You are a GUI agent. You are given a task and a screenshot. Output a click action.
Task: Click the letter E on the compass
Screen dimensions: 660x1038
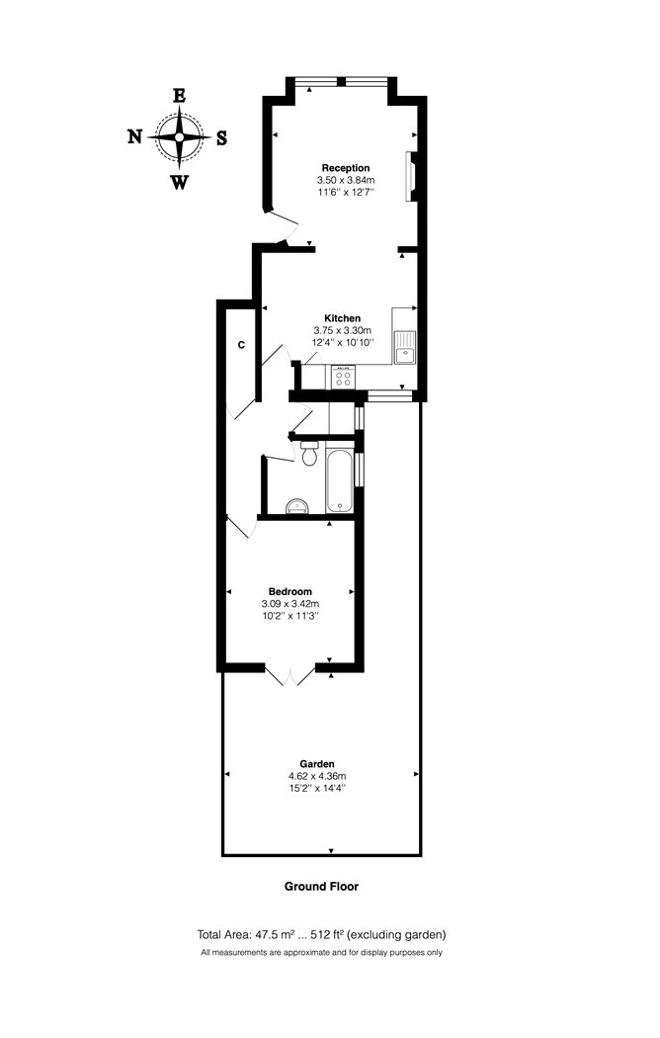179,96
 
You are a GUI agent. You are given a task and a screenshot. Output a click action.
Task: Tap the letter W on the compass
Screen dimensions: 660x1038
179,182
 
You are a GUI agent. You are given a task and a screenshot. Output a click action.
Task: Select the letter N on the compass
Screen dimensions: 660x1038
135,137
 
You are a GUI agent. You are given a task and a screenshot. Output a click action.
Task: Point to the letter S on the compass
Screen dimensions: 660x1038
222,137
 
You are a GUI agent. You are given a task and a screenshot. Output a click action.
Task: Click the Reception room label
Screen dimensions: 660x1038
345,168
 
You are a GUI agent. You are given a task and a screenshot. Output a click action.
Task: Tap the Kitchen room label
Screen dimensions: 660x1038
342,318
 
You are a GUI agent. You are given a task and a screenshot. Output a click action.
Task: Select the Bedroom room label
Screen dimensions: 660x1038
289,591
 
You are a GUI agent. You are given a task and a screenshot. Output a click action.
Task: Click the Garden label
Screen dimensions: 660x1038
317,764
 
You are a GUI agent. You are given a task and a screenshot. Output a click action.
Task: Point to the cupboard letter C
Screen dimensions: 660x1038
241,345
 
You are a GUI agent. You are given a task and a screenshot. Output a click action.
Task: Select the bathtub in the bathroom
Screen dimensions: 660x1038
339,479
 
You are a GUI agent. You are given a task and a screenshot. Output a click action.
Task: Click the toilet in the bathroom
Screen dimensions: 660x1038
309,454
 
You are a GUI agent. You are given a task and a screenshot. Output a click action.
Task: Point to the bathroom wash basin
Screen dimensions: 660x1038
299,506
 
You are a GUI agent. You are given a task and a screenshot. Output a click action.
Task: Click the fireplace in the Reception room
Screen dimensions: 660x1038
411,176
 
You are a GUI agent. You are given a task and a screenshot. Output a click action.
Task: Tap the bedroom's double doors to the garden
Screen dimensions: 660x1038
290,675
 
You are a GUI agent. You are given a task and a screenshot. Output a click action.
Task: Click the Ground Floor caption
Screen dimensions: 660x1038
321,886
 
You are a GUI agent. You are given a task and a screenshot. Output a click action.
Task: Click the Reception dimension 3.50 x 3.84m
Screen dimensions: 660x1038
346,180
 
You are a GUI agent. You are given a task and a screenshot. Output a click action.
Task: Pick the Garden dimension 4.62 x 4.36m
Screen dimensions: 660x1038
317,776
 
